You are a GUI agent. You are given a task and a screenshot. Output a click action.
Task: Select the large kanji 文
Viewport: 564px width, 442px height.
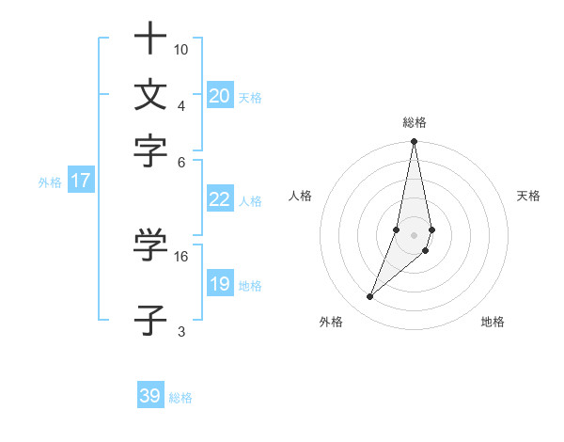(x=150, y=94)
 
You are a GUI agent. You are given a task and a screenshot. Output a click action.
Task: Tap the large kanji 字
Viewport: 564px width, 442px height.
(x=150, y=150)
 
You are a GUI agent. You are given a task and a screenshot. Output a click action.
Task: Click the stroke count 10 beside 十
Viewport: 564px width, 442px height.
(x=181, y=49)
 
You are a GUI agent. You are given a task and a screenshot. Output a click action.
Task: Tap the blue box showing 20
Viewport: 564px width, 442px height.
(x=220, y=96)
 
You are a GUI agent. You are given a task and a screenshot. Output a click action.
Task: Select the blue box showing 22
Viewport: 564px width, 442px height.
(x=220, y=199)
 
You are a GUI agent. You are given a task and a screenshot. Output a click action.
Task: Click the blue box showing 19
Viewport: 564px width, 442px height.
(x=220, y=284)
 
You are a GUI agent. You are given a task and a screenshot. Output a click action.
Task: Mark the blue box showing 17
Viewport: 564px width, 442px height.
(x=81, y=181)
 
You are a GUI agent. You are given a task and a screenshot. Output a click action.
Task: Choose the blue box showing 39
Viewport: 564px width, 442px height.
(x=150, y=396)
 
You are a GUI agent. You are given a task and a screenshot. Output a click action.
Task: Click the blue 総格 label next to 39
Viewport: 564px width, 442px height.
(x=180, y=398)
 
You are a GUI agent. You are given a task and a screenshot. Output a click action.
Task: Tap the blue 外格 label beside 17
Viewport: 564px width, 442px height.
(x=49, y=182)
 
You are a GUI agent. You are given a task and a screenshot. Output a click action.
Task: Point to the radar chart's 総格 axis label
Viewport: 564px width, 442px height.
(x=414, y=122)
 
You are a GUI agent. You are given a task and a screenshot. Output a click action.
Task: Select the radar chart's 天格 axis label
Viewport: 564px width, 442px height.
(x=528, y=196)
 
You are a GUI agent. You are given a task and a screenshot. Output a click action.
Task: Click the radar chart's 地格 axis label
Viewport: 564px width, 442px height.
(x=493, y=323)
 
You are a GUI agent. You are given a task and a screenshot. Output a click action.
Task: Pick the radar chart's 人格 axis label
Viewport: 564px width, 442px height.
(x=301, y=196)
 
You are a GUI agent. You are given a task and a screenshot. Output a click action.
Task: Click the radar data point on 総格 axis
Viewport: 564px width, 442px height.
(x=414, y=142)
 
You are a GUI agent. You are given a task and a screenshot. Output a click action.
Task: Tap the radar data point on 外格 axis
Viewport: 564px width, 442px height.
(x=370, y=297)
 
